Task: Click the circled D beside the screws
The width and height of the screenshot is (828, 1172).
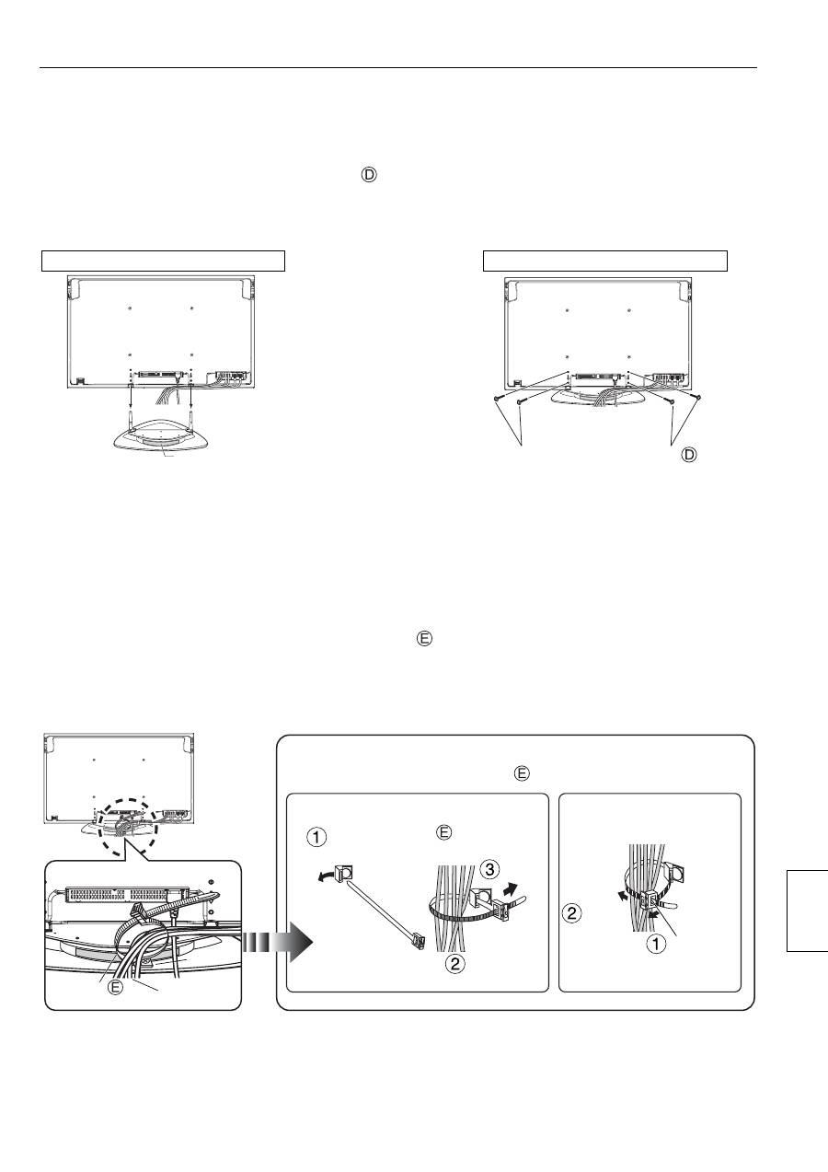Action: pyautogui.click(x=689, y=455)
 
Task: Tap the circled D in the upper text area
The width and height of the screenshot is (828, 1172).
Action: pyautogui.click(x=369, y=175)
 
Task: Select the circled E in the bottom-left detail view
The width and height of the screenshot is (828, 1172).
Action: pyautogui.click(x=115, y=988)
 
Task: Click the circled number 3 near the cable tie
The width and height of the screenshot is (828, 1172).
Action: pyautogui.click(x=489, y=869)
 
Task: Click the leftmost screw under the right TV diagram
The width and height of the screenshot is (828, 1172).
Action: pyautogui.click(x=497, y=399)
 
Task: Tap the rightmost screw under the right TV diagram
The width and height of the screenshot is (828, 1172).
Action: pyautogui.click(x=696, y=398)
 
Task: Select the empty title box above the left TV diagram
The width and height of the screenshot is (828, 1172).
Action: pyautogui.click(x=163, y=261)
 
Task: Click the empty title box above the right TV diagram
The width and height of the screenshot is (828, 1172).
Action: pyautogui.click(x=605, y=261)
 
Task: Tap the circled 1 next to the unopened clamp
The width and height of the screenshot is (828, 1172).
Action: pyautogui.click(x=316, y=837)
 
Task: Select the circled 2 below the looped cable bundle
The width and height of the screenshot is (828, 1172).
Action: pyautogui.click(x=455, y=963)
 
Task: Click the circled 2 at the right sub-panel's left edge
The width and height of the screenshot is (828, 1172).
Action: pyautogui.click(x=572, y=913)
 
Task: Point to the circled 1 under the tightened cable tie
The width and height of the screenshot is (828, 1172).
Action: pyautogui.click(x=657, y=944)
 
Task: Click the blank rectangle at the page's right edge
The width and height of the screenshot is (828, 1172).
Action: pyautogui.click(x=807, y=911)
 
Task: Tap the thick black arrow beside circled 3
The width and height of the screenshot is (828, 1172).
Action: pyautogui.click(x=511, y=888)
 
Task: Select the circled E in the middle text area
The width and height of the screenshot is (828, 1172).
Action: pyautogui.click(x=424, y=639)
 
